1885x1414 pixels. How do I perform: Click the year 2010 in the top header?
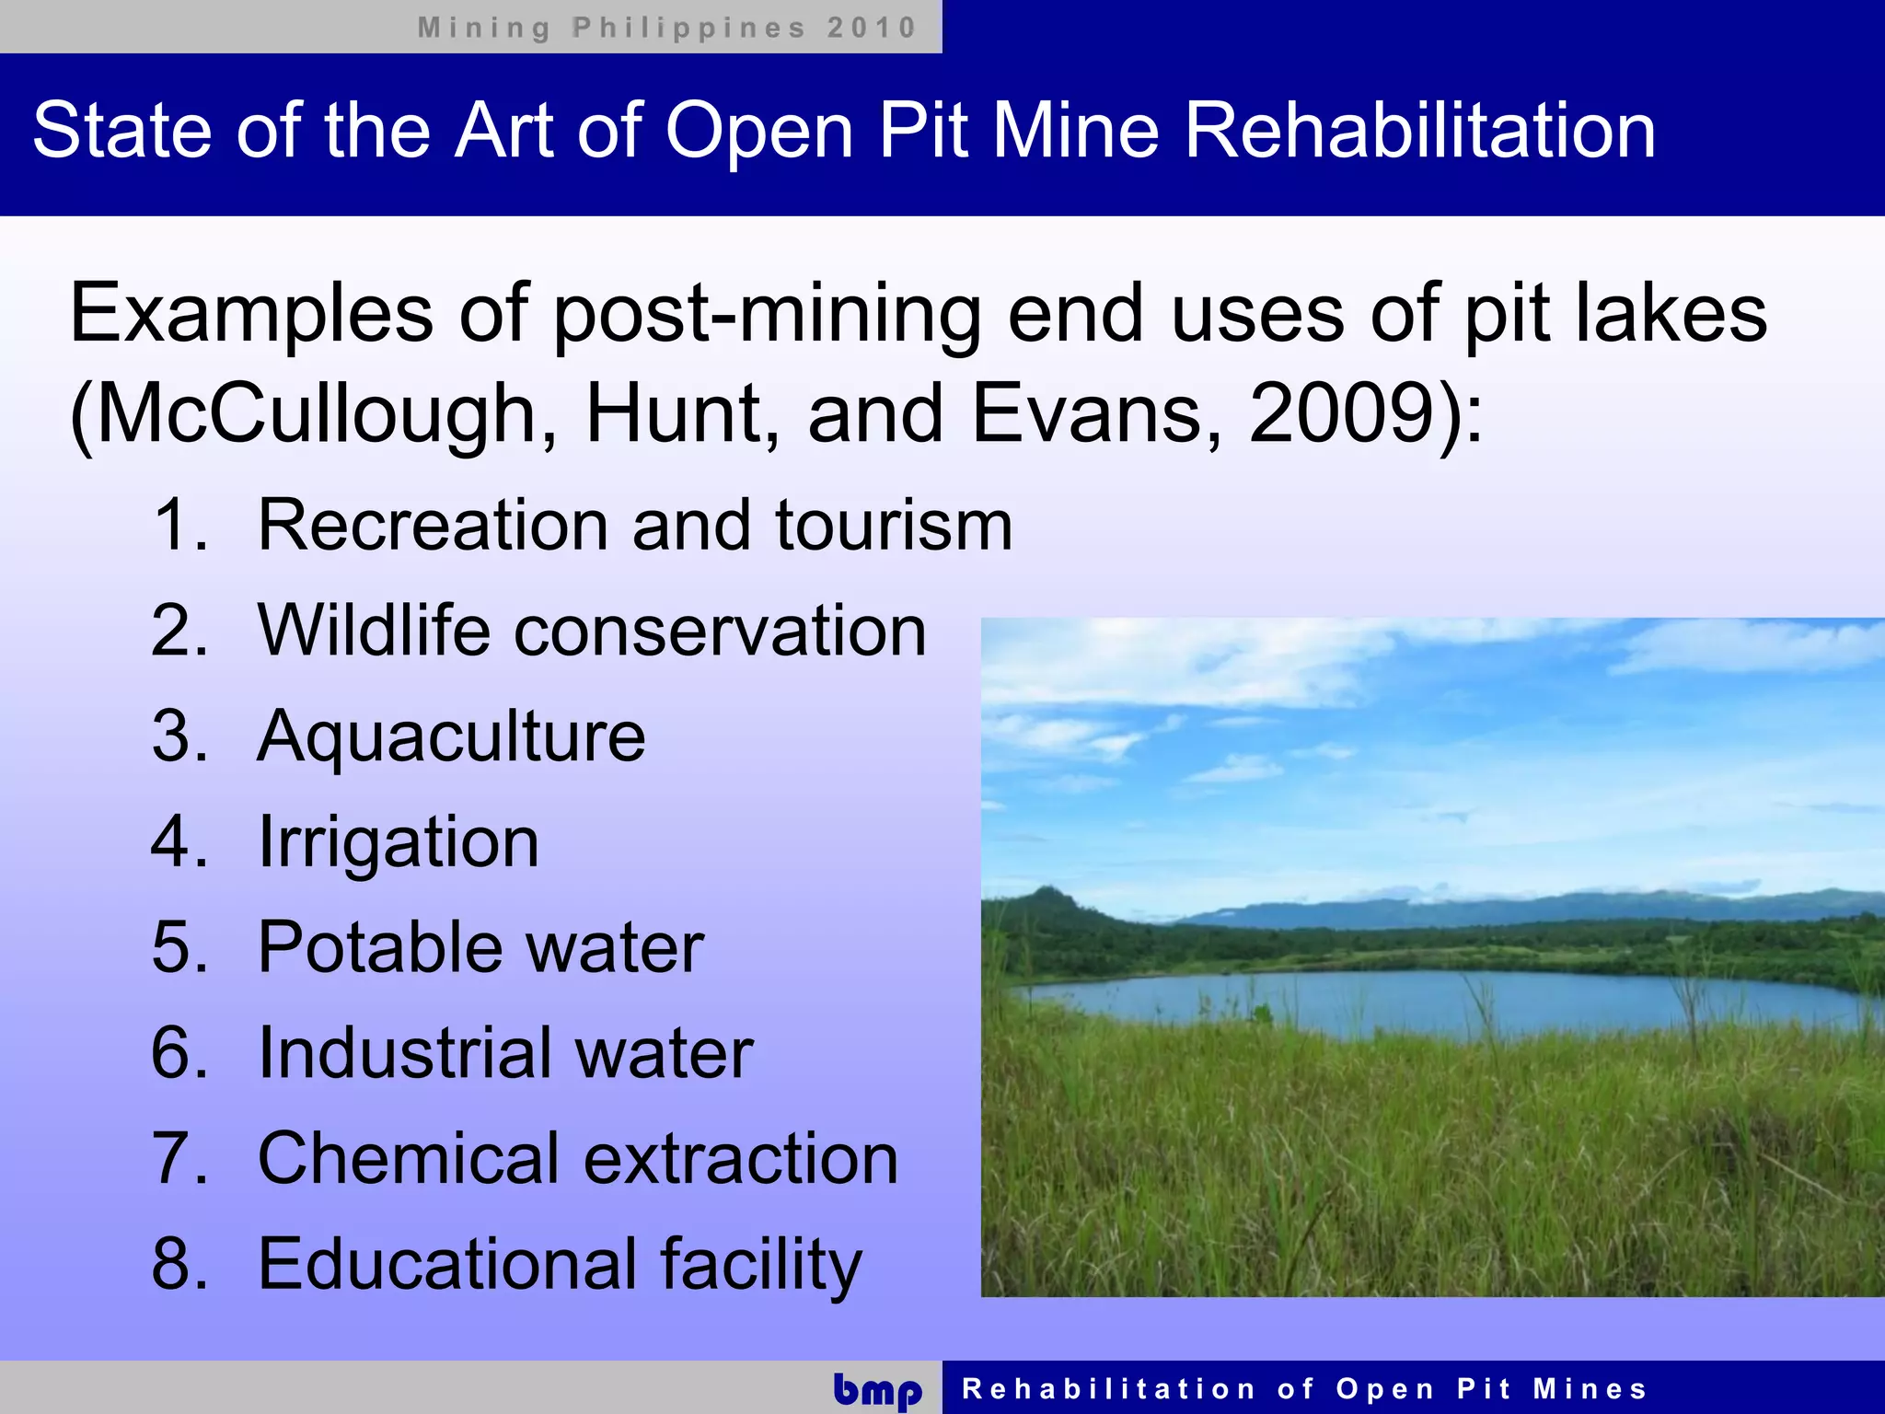coord(871,28)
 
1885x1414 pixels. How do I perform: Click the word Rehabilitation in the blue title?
coord(1419,131)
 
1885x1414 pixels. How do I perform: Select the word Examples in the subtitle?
coord(251,315)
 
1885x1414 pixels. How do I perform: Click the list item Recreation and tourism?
coord(634,525)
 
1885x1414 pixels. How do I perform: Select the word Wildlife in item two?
coord(374,631)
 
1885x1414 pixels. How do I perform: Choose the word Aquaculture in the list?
coord(451,737)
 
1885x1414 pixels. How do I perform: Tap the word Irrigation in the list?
coord(399,842)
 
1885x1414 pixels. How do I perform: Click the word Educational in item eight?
coord(447,1264)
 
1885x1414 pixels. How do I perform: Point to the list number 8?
coord(177,1264)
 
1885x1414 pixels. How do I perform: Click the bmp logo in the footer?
coord(877,1390)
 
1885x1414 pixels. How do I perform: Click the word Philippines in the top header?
coord(688,28)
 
